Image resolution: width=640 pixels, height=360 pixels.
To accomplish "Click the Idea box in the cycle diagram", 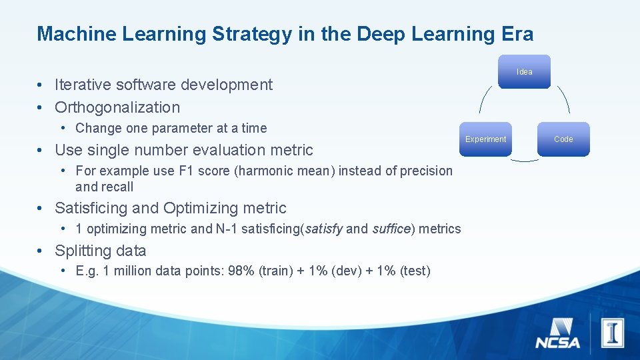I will point(524,71).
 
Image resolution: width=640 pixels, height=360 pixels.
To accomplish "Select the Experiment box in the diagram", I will point(485,139).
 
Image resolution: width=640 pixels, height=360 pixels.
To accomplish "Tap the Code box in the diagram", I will point(563,139).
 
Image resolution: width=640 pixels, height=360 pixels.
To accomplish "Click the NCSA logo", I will point(557,333).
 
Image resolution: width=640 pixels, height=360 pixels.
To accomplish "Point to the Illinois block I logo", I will point(612,331).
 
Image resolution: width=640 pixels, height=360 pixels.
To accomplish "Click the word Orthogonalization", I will point(117,107).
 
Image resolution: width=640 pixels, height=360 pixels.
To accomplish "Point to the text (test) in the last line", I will point(414,271).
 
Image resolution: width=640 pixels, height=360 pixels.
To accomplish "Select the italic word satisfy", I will point(323,229).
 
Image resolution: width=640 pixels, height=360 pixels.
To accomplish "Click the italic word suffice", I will point(392,229).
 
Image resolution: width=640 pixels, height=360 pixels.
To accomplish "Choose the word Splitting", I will point(83,251).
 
